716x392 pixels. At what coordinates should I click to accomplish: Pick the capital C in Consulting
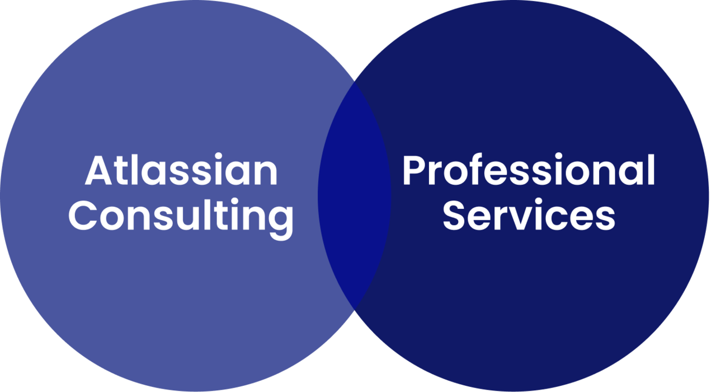82,216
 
